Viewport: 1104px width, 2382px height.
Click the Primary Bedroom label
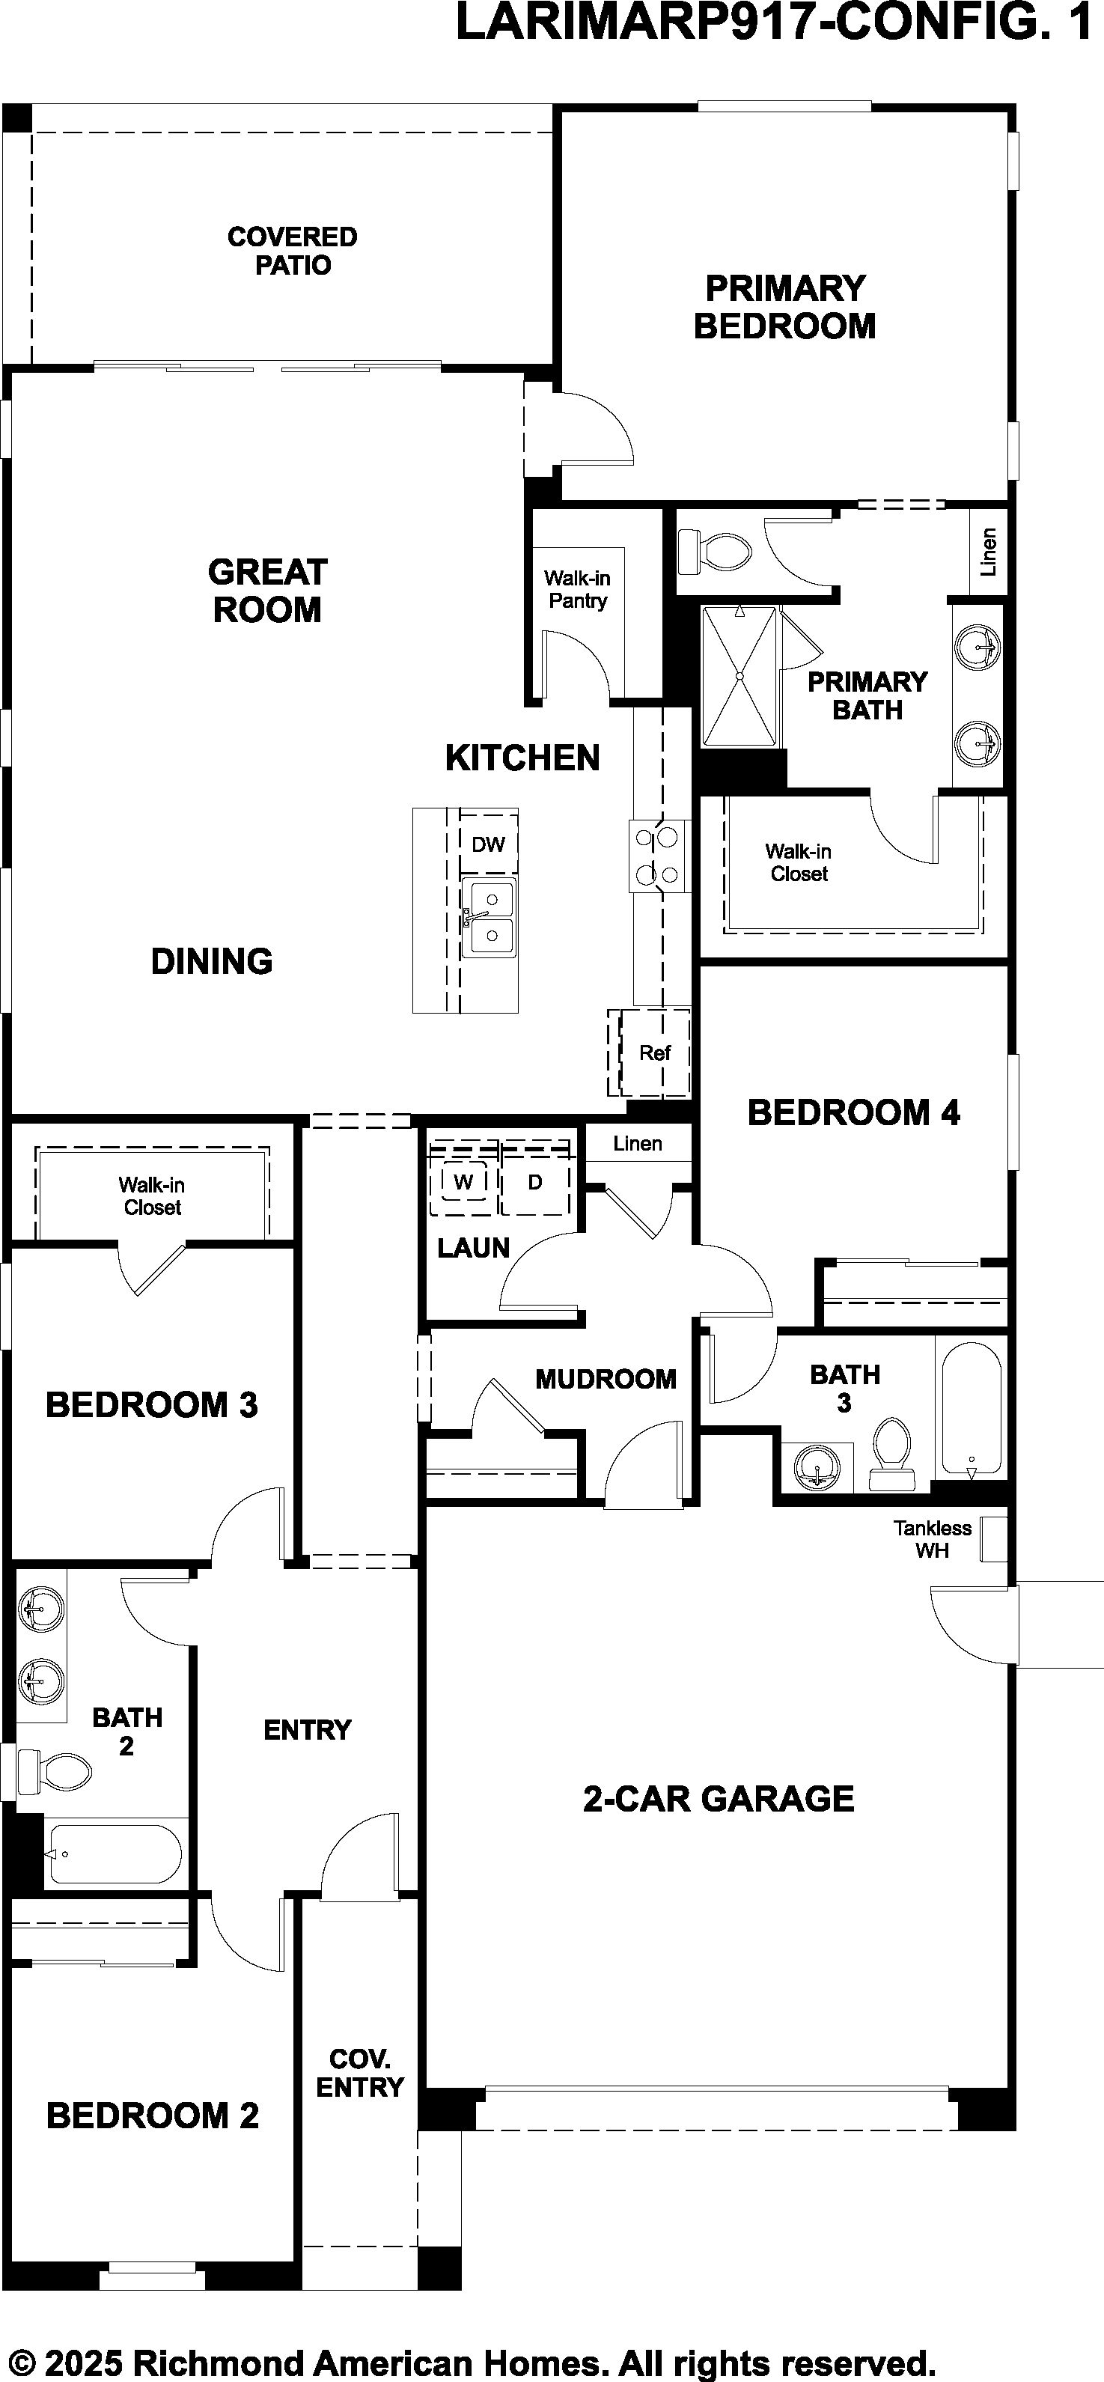[x=785, y=307]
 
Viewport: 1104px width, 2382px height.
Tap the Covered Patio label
[x=292, y=251]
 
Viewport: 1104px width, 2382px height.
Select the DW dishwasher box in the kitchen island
[x=488, y=844]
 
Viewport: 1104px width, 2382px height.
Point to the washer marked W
[x=464, y=1183]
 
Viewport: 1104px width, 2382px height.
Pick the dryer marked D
[x=535, y=1183]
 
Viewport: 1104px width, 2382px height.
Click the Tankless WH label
[x=932, y=1540]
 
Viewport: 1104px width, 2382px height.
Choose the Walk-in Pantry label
[x=578, y=589]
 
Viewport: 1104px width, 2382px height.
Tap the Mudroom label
[x=606, y=1379]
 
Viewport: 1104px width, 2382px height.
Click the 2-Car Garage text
[x=719, y=1799]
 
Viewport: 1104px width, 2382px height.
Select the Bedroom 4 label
[x=853, y=1112]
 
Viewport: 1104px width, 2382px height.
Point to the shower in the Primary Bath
[x=739, y=676]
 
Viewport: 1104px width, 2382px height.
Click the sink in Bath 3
[x=817, y=1466]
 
